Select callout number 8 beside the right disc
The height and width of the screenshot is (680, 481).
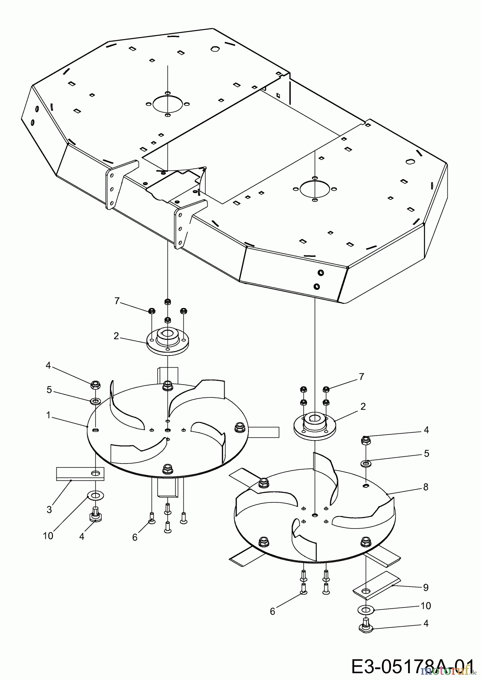(426, 487)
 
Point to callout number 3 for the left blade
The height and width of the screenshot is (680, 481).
(49, 509)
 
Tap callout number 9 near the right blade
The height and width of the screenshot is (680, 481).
(426, 587)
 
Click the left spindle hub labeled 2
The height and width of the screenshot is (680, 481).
(167, 340)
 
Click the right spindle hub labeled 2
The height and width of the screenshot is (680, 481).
(315, 426)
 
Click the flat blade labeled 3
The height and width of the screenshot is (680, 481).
(79, 473)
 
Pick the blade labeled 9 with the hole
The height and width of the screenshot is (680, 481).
(374, 584)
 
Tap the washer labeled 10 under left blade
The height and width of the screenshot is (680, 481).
(96, 495)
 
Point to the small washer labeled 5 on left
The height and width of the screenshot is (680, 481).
(95, 400)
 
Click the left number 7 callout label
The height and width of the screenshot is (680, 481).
(117, 301)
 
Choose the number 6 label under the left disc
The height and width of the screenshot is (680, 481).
(135, 537)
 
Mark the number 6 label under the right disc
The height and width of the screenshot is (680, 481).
(273, 611)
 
